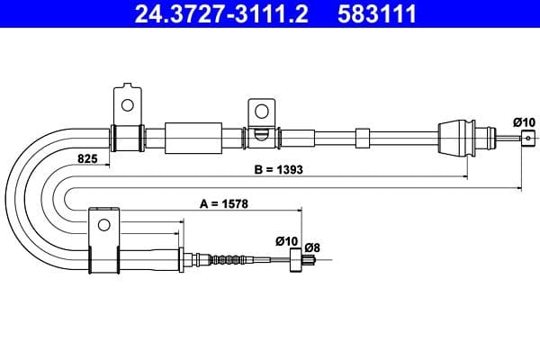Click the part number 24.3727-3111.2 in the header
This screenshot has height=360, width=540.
[221, 13]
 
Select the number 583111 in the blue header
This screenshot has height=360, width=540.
[377, 13]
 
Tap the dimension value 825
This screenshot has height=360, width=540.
[87, 158]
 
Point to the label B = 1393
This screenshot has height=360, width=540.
[278, 169]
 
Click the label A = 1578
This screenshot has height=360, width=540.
[224, 204]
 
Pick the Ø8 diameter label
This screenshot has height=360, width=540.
[312, 247]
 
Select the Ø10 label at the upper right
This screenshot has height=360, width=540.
[524, 122]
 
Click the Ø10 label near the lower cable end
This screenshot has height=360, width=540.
[286, 241]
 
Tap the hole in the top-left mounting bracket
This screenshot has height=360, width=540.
[128, 105]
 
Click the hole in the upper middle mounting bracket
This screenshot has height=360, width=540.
[262, 112]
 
